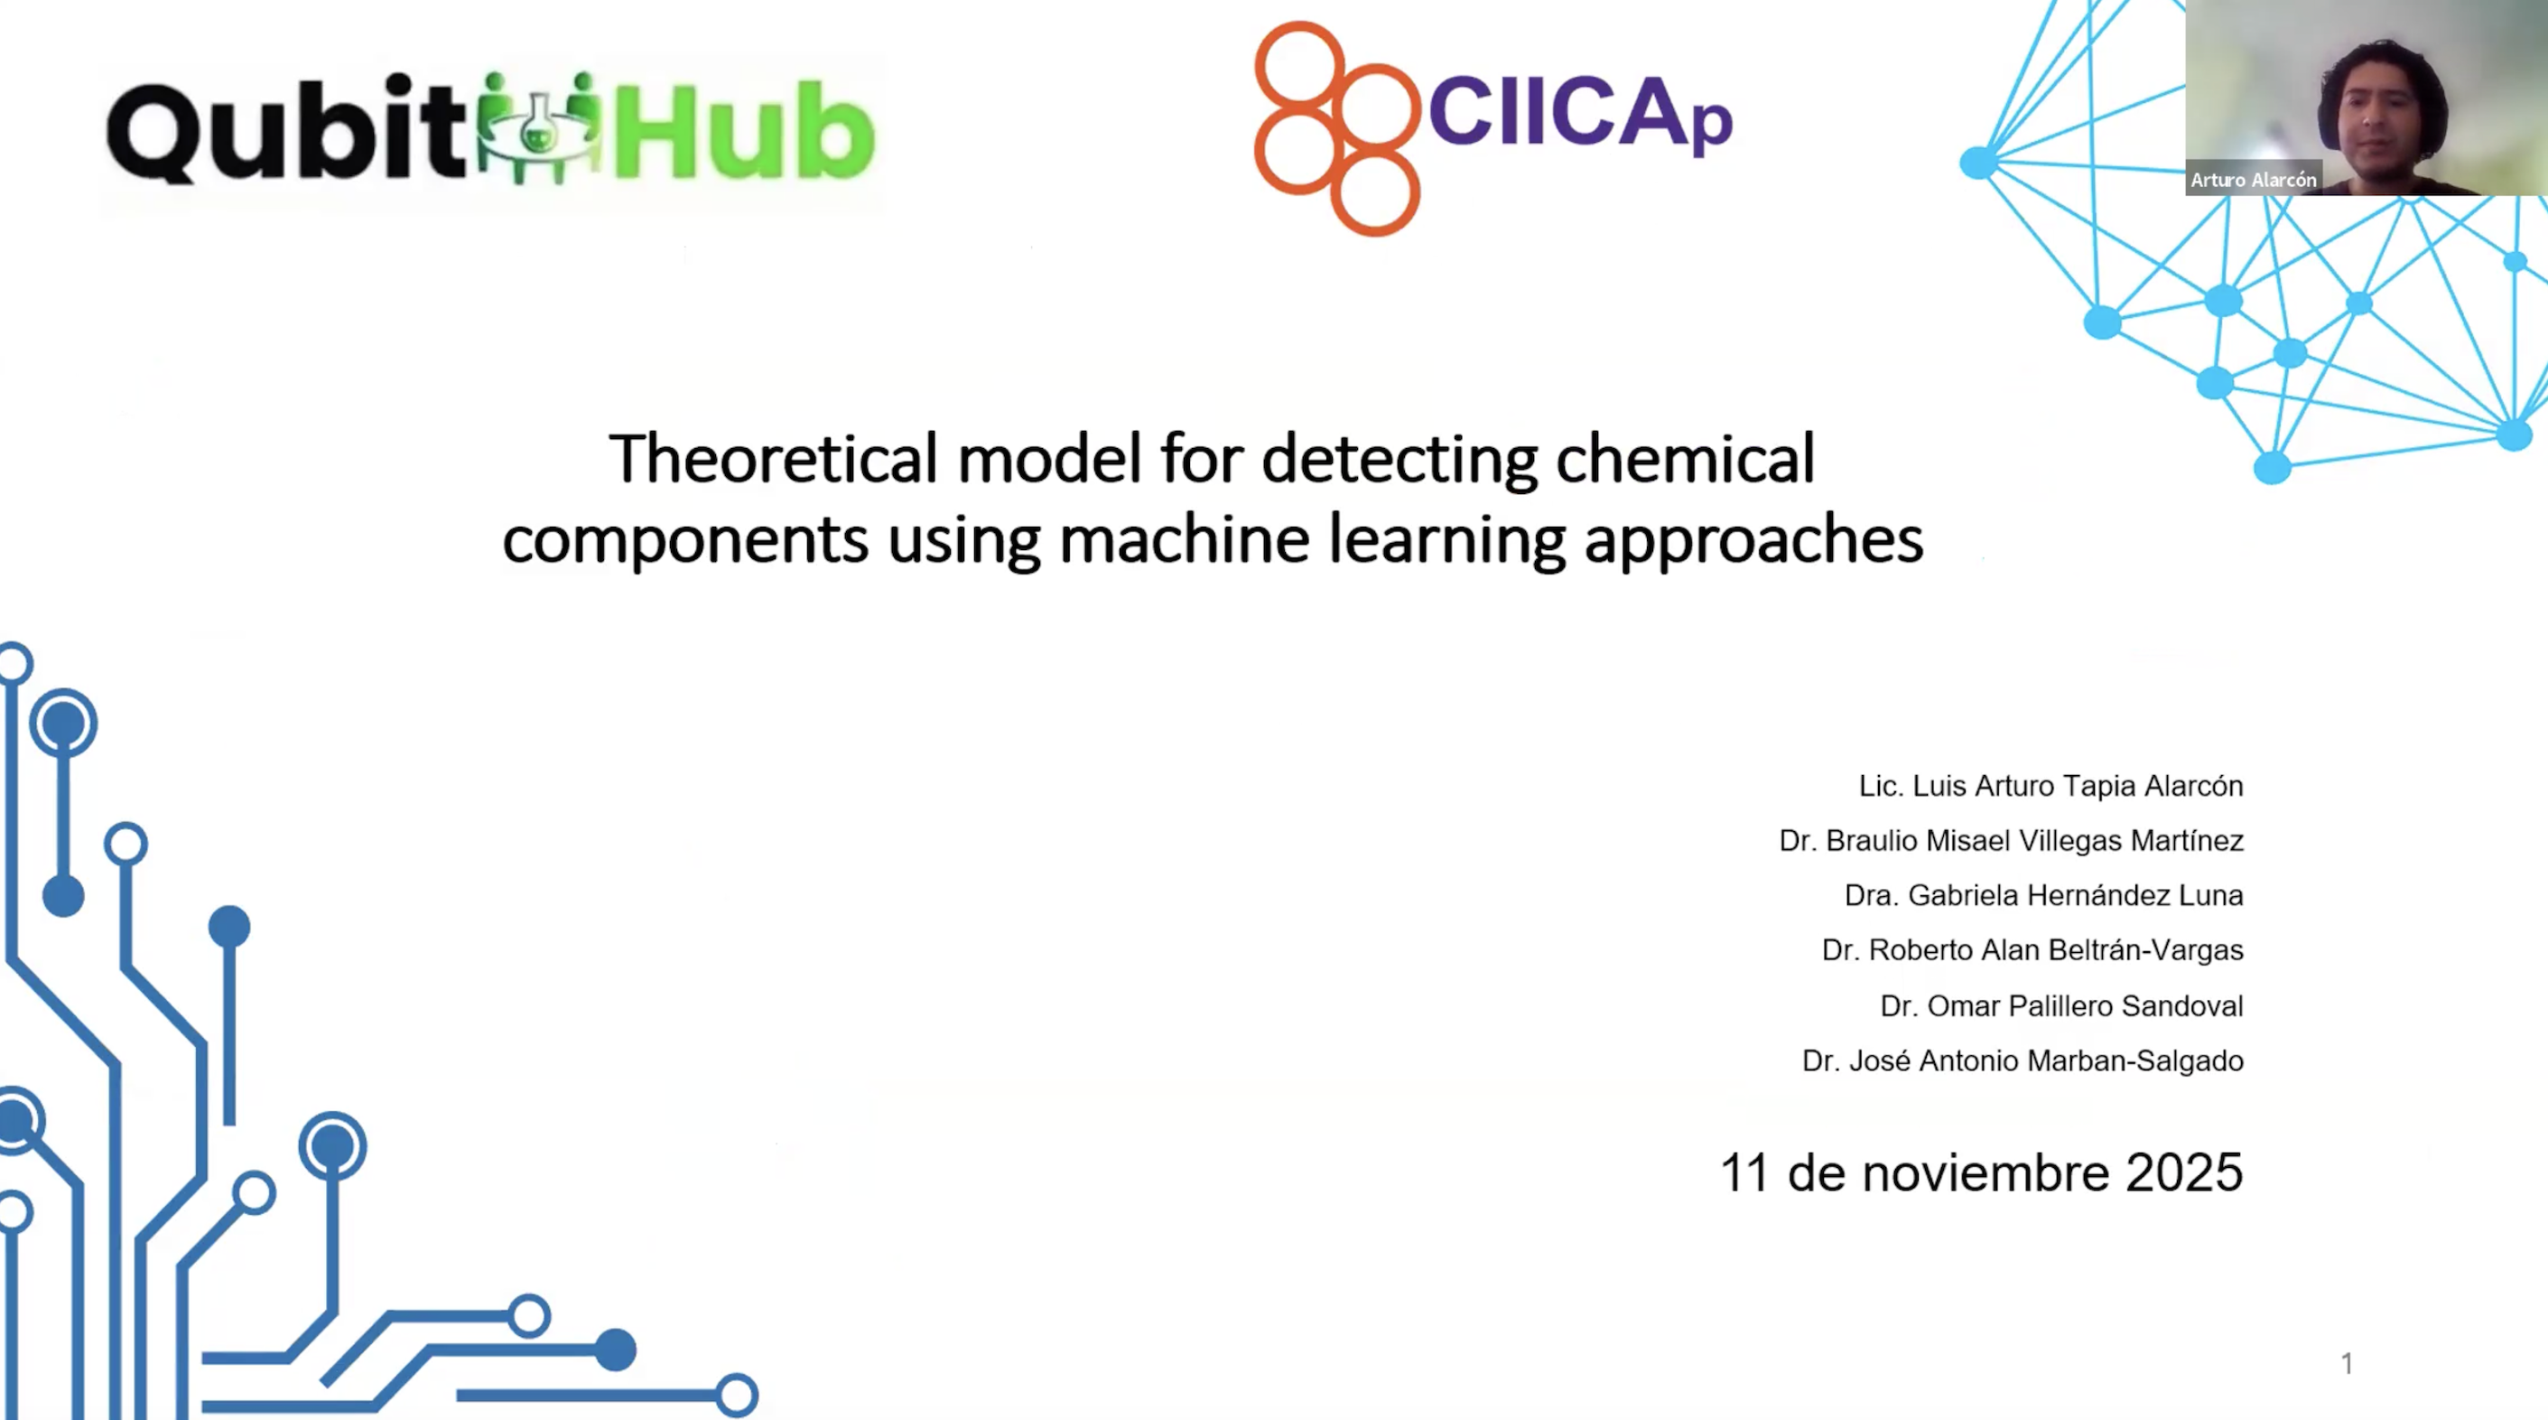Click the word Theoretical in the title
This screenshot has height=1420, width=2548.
coord(774,458)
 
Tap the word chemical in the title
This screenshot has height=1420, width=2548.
coord(1686,458)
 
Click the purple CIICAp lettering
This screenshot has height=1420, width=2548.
coord(1580,113)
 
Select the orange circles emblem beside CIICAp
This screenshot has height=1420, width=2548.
coord(1337,127)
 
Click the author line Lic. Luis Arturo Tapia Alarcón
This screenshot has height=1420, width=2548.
coord(2050,786)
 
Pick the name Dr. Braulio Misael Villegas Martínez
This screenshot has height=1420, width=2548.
coord(2011,840)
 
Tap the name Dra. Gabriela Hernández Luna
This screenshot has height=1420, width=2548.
coord(2043,894)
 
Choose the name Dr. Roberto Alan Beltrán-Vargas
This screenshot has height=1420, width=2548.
coord(2032,950)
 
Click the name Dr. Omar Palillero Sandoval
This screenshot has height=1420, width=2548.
coord(2061,1005)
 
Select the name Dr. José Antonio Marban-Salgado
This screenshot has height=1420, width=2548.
coord(2023,1060)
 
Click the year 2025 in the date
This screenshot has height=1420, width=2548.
coord(2184,1172)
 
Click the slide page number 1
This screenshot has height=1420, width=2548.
coord(2348,1364)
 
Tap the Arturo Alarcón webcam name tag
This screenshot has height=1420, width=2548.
coord(2254,179)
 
